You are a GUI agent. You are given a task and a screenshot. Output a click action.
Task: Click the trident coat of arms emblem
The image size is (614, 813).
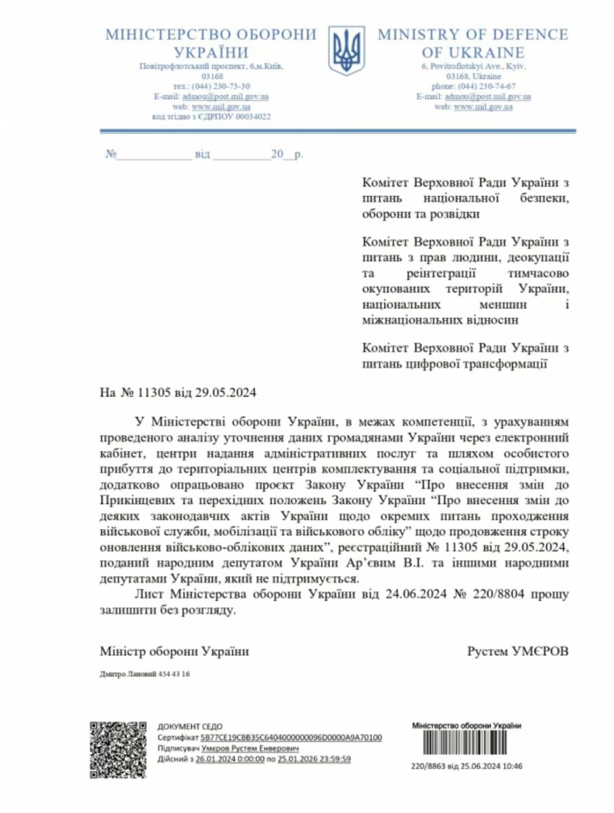click(x=347, y=51)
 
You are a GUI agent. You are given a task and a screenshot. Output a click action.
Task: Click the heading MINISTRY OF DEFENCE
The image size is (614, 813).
click(x=472, y=35)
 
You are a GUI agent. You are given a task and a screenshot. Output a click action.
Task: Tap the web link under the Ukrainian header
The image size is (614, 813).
click(x=221, y=106)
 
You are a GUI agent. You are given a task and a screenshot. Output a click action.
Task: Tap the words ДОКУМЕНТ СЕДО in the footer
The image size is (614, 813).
click(x=190, y=726)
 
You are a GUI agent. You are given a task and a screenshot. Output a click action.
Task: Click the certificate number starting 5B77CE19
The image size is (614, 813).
click(x=291, y=737)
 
